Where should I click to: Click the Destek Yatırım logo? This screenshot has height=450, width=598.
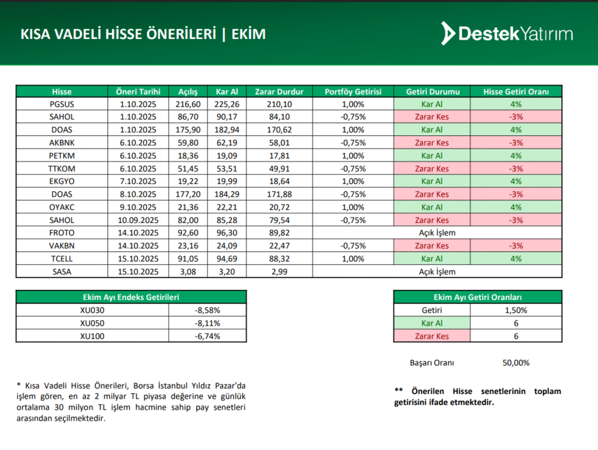506,34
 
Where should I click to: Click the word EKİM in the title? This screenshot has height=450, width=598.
248,34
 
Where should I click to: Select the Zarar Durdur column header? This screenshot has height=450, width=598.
279,92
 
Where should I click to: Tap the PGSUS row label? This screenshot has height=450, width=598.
62,104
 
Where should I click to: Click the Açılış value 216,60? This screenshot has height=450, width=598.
188,104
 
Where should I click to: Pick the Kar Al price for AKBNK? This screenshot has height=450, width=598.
228,143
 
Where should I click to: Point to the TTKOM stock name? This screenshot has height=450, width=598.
62,169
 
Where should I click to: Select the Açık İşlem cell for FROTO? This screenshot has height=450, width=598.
437,233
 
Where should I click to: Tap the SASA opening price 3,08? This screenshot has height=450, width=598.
188,271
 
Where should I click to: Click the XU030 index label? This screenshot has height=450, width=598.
92,311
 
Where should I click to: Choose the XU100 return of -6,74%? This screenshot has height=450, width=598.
208,336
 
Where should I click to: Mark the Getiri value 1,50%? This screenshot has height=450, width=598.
516,311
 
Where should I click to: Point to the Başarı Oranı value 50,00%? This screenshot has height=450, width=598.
516,362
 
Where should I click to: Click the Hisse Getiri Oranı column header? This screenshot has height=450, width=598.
516,92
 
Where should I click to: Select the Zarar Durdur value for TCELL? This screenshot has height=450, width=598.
279,259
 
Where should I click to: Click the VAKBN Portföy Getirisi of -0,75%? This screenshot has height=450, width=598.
353,246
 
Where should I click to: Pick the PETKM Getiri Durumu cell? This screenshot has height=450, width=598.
432,156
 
